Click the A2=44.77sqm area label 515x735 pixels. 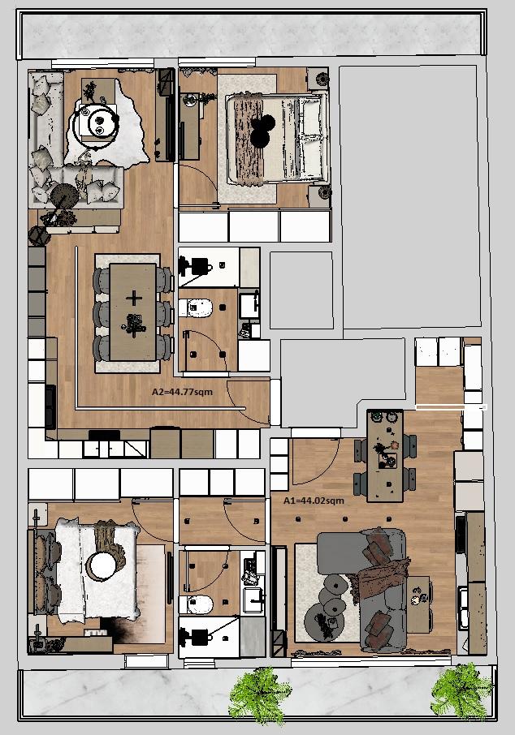pos(182,391)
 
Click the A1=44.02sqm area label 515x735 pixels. pos(314,501)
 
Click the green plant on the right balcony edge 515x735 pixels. pos(461,692)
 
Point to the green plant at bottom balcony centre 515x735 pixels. pos(259,695)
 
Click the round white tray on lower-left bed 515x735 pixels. pos(103,565)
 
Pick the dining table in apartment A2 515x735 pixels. pos(133,312)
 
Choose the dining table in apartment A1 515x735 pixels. pos(385,456)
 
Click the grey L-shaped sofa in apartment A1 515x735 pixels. pos(371,586)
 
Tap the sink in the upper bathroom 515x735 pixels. pos(249,306)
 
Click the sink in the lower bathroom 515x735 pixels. pos(253,599)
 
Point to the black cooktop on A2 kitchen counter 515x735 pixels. pos(50,406)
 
